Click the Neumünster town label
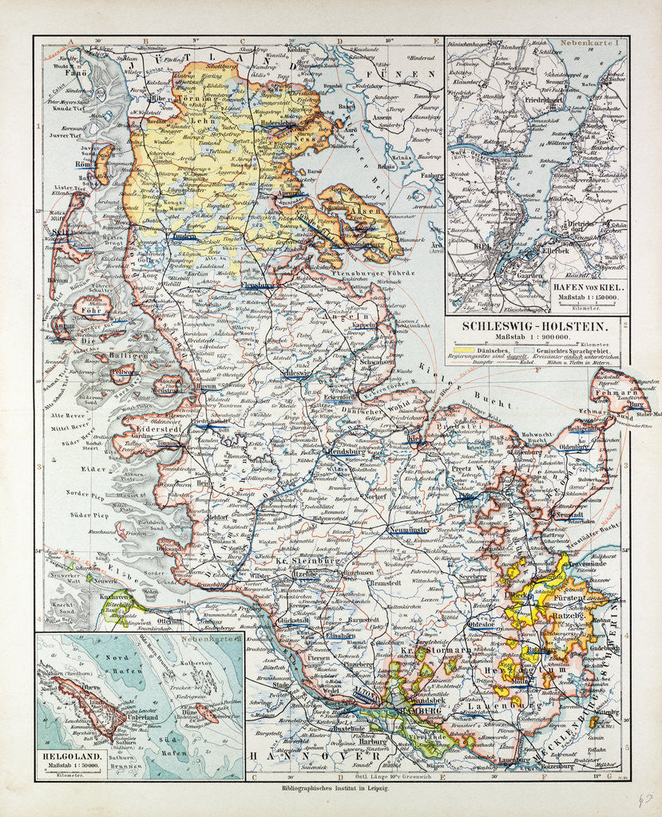pos(408,529)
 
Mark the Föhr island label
pos(89,310)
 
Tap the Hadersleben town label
pos(280,124)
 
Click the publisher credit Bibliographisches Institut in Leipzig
pos(331,787)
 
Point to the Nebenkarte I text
pos(594,45)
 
